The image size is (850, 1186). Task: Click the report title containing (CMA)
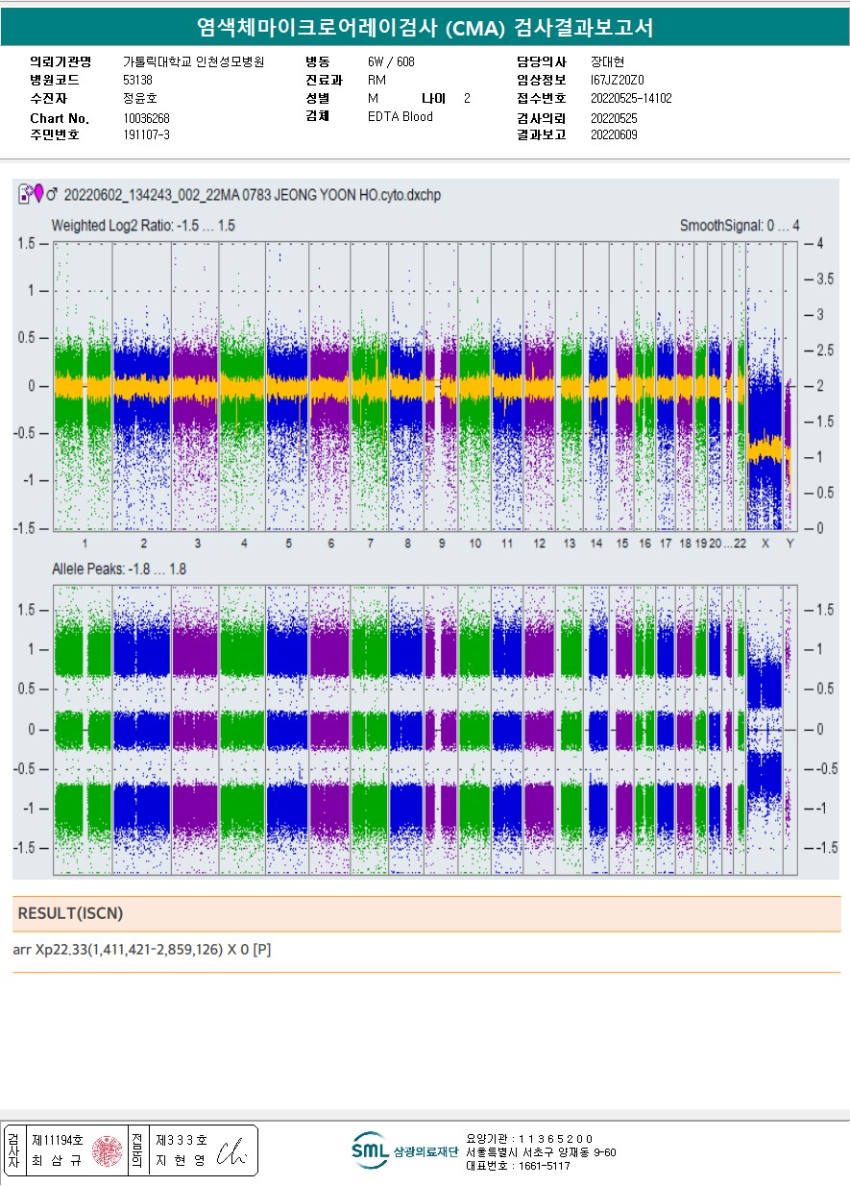point(424,27)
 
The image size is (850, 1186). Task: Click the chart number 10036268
point(147,118)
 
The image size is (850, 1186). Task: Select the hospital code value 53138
point(138,80)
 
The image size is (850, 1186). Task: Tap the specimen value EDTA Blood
point(400,117)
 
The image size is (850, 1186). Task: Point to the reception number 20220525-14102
point(630,98)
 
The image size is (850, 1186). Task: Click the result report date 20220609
point(614,134)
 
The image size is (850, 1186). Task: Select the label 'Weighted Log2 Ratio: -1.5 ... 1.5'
point(143,226)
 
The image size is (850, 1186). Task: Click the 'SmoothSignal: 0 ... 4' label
point(739,226)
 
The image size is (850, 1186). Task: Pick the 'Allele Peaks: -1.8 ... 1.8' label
point(119,569)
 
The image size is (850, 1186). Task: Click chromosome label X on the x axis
point(765,544)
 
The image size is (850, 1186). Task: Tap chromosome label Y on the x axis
point(789,544)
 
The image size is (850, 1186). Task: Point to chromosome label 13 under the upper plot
point(570,544)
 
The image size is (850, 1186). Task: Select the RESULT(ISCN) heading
point(70,913)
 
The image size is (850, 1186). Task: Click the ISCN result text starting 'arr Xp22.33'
point(142,951)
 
